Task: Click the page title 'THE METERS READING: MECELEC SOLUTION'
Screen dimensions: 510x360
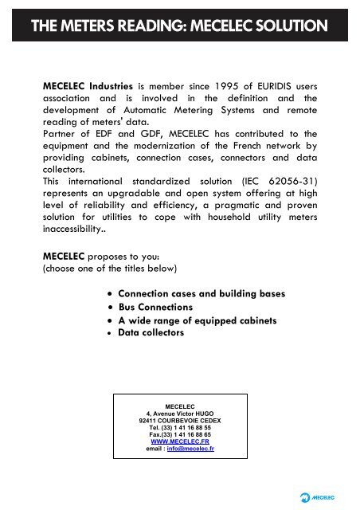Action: coord(179,25)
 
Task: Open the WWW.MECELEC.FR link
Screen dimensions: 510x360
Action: coord(180,441)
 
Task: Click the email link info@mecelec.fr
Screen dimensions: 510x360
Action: coord(192,449)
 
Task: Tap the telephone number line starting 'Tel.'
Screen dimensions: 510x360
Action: coord(180,426)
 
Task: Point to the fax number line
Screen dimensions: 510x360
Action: coord(180,433)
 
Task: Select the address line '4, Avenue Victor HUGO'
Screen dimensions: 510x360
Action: coord(180,412)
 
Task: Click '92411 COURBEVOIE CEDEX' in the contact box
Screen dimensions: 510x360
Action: coord(180,419)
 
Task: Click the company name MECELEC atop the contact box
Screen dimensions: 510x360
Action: coord(180,405)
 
